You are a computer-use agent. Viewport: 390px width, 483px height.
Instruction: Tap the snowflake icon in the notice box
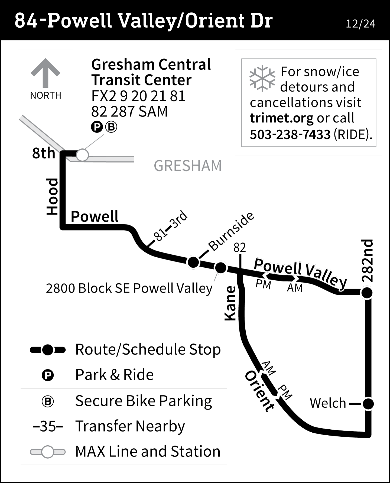tap(262, 78)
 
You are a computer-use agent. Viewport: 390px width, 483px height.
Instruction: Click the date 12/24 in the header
tap(360, 24)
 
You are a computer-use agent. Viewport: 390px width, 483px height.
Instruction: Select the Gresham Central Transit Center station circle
tap(82, 155)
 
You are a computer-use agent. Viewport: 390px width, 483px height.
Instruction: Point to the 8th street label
tap(44, 153)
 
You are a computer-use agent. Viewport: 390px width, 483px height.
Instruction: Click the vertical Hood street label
tap(52, 196)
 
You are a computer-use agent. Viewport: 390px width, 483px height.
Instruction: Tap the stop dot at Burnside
tap(193, 262)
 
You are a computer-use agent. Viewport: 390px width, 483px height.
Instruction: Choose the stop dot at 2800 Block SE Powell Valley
tap(220, 268)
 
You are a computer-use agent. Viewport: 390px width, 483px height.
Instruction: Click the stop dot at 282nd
tap(367, 293)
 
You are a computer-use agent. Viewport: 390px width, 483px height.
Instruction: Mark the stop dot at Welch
tap(368, 404)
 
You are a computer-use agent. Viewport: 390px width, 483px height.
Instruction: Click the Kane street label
tap(230, 303)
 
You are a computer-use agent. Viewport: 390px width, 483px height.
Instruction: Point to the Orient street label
tap(259, 391)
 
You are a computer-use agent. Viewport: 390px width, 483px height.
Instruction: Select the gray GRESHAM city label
tap(188, 166)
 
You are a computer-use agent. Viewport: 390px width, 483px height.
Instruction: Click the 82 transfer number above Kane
tap(240, 248)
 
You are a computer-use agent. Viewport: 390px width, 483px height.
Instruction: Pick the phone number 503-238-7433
tap(290, 134)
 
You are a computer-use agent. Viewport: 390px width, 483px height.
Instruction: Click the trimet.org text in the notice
tap(281, 118)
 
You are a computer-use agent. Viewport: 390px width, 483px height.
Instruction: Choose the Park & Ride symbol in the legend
tap(48, 375)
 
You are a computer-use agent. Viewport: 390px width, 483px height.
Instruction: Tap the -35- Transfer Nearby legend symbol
tap(48, 426)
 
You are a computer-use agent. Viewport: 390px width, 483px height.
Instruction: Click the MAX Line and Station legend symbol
tap(48, 452)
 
